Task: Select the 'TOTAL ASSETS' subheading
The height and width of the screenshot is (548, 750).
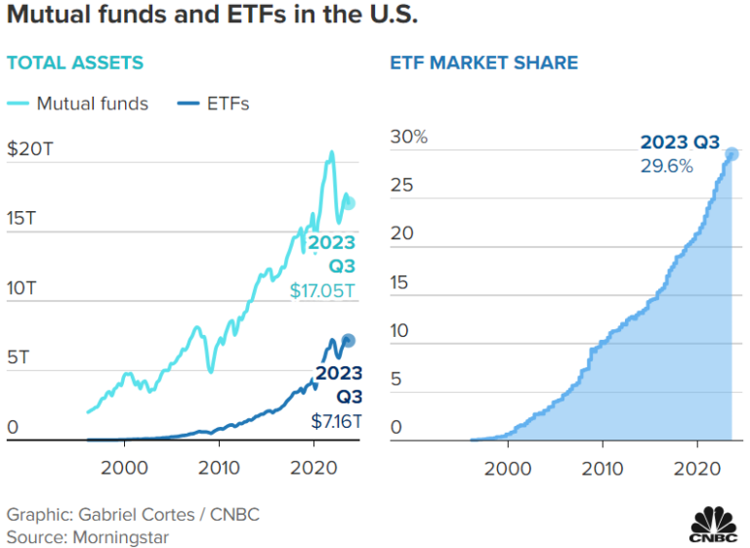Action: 75,63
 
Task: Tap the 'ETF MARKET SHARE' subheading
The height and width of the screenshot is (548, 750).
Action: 483,63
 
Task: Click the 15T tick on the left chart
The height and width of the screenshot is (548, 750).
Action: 21,219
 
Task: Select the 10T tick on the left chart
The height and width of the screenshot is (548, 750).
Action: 21,289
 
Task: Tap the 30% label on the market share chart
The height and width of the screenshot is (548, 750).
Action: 409,137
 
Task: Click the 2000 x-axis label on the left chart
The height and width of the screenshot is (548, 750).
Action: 124,467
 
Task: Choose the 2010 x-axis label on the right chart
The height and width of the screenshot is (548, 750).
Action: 603,467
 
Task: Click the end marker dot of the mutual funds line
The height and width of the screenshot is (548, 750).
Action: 350,203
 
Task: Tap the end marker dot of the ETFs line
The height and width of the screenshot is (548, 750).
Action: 349,340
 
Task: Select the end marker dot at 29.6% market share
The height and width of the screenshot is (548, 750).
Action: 731,154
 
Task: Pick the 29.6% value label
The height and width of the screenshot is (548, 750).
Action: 666,166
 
